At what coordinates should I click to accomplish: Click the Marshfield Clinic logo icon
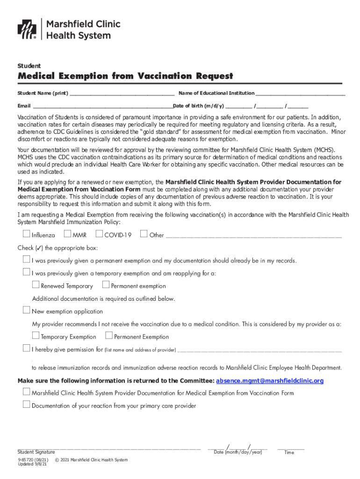point(27,29)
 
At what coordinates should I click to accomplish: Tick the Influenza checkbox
point(26,234)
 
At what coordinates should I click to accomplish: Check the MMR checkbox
point(67,234)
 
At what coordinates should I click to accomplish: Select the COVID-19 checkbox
point(99,234)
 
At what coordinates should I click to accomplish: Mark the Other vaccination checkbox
point(144,234)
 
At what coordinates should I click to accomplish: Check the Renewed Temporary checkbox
point(36,285)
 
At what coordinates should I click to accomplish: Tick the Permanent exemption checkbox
point(106,285)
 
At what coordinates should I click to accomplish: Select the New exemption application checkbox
point(26,310)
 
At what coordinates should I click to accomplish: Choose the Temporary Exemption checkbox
point(36,335)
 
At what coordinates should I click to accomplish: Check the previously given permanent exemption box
point(26,260)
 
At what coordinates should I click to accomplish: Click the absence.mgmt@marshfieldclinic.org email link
point(269,381)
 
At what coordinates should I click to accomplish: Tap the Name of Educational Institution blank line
point(300,94)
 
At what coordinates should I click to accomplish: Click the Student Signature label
point(36,452)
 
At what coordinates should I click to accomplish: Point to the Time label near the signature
point(289,452)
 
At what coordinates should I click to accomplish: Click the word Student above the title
point(29,66)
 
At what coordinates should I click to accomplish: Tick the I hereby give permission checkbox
point(26,348)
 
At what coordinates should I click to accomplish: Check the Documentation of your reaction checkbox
point(26,405)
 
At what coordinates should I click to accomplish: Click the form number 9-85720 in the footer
point(26,460)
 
